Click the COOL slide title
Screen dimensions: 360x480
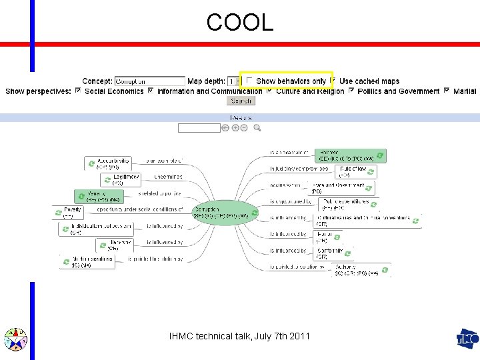[x=240, y=23]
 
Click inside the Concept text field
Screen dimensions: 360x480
[x=149, y=81]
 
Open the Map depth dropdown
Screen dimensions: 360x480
[x=233, y=81]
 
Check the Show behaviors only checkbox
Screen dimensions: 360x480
[x=249, y=81]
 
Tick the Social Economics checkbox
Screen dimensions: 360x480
[x=79, y=91]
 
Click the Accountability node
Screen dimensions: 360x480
[x=107, y=163]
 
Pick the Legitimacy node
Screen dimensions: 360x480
[x=121, y=179]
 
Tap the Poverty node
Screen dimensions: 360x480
[x=67, y=212]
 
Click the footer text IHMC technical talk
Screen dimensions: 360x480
[x=239, y=337]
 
